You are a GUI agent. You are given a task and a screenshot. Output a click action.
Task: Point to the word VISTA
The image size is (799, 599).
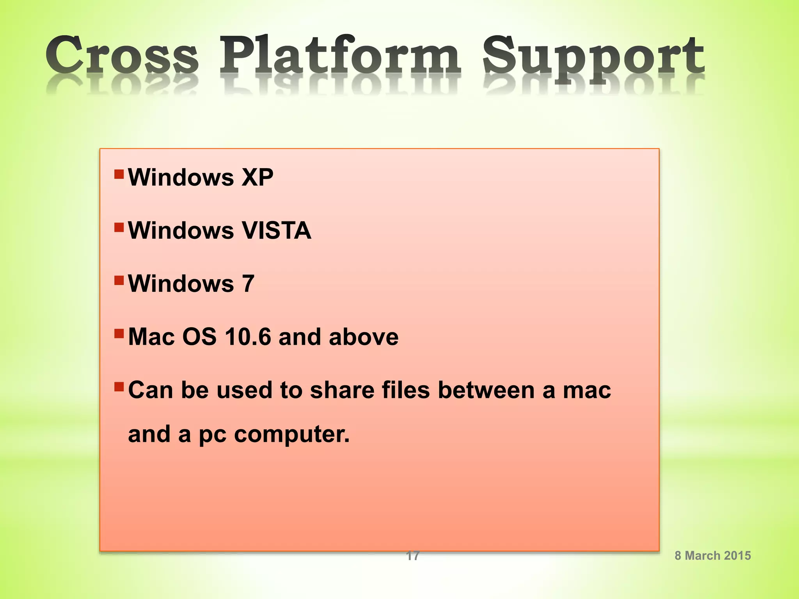point(277,230)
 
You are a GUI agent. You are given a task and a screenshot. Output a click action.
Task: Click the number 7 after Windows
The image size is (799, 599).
point(248,284)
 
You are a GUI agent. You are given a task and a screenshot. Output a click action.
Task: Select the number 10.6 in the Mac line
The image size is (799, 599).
point(248,337)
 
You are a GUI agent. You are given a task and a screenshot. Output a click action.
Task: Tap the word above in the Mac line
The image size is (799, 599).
point(364,337)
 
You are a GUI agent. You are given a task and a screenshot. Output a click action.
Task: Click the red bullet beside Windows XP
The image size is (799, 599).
point(119,174)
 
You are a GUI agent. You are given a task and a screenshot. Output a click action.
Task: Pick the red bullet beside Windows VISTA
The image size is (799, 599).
point(119,227)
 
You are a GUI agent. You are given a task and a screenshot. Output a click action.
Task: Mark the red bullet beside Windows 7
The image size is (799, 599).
point(119,280)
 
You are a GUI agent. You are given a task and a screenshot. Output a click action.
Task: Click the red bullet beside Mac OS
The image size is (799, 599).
point(119,333)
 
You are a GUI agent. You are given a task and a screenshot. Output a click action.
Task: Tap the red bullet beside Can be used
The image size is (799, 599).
point(119,386)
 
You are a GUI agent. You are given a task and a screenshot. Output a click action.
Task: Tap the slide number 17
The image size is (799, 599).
point(413,555)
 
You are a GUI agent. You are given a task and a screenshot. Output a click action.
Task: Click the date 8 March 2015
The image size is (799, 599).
point(713,555)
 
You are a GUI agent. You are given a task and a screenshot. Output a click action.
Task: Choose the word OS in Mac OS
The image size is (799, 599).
point(199,337)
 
